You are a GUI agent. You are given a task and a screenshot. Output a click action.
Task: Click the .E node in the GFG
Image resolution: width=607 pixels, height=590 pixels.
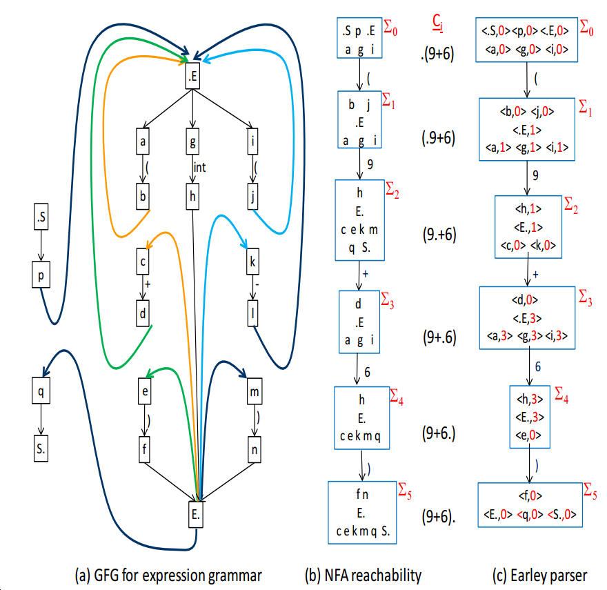(194, 78)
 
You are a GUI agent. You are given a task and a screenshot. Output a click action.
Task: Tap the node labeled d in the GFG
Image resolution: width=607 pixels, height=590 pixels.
(144, 313)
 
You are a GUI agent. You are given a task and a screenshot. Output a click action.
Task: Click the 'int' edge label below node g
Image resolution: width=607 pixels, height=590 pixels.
(200, 168)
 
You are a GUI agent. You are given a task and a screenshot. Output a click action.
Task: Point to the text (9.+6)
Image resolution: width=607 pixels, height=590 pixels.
(438, 234)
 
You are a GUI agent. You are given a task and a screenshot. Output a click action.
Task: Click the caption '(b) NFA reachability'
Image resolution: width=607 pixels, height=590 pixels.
(363, 574)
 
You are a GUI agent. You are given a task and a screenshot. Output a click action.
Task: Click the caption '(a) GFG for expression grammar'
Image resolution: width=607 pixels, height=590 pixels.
(168, 574)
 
